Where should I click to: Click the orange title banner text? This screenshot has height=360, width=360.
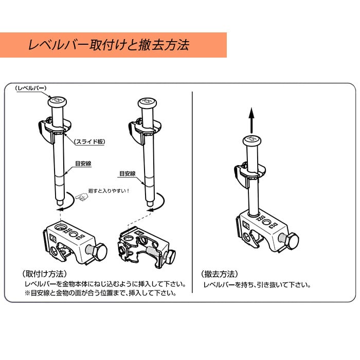pos(109,45)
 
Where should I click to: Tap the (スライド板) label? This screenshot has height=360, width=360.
pos(89,140)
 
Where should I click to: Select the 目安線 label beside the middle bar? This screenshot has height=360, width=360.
pos(127,174)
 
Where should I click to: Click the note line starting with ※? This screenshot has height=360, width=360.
pos(100,294)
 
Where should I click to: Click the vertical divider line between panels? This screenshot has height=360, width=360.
pos(192,195)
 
